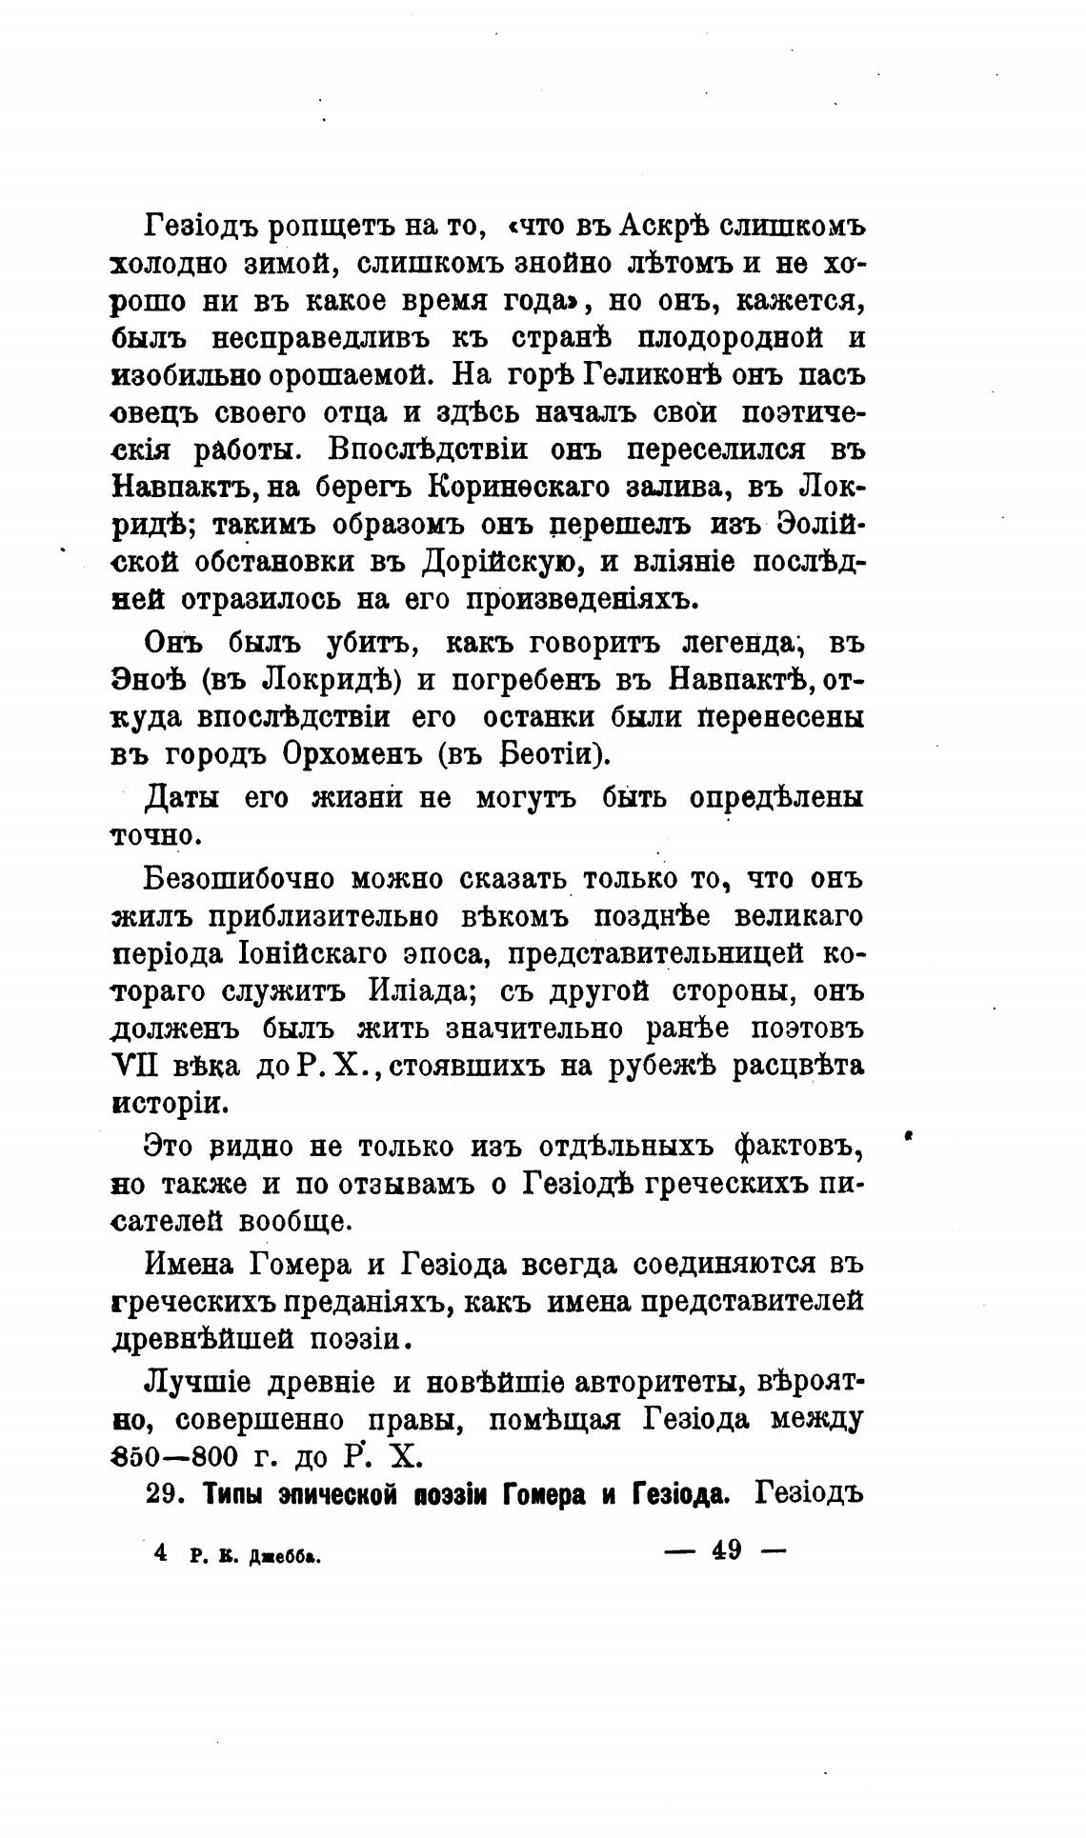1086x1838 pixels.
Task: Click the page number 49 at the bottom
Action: click(726, 1550)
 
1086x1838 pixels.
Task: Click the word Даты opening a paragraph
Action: click(181, 797)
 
